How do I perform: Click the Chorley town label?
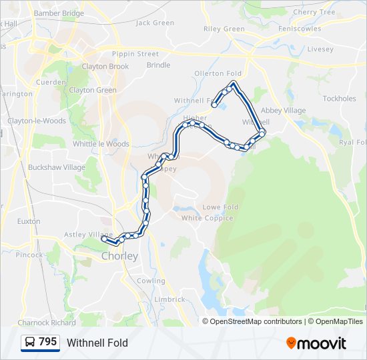(x=119, y=256)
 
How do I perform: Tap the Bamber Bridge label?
(x=59, y=13)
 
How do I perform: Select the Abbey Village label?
(x=283, y=111)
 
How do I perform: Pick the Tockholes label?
(x=339, y=99)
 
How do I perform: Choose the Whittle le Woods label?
(x=101, y=144)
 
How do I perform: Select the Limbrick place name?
(x=169, y=300)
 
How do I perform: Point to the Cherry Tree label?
(x=314, y=12)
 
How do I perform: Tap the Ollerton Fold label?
(x=218, y=73)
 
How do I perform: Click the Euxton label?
(x=29, y=221)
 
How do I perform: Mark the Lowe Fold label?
(x=220, y=207)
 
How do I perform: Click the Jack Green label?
(x=155, y=23)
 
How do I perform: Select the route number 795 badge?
(x=48, y=342)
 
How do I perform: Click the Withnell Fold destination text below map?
(x=97, y=343)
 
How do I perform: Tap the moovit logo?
(x=316, y=343)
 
